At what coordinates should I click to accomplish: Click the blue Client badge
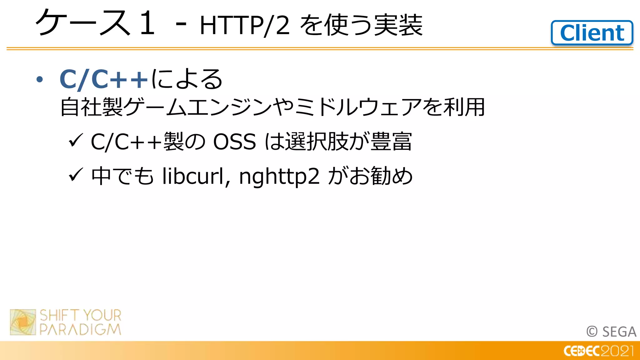592,33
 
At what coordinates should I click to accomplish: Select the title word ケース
83,22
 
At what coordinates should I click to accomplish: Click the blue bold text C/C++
103,79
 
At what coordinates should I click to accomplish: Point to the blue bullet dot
39,79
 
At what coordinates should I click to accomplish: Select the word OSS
234,142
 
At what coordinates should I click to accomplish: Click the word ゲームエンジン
197,107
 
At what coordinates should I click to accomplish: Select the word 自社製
92,107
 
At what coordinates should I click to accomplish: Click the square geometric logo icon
23,322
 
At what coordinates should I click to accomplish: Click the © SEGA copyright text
611,332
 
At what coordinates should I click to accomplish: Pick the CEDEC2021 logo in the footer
598,351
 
